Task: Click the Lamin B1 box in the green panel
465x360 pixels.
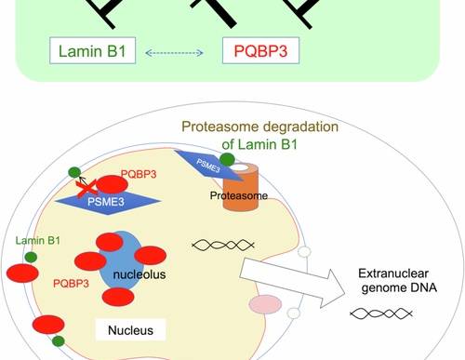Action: click(92, 50)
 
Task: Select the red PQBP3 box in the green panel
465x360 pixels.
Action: click(260, 50)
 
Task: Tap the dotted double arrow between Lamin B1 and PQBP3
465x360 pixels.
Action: click(174, 53)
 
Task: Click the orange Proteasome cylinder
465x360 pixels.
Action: click(241, 187)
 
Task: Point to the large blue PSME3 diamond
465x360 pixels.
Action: click(108, 202)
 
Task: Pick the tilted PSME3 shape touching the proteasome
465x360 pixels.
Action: click(208, 166)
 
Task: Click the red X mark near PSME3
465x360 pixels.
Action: click(86, 189)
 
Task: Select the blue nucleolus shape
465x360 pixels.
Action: click(122, 260)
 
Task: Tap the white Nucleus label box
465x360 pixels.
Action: click(130, 330)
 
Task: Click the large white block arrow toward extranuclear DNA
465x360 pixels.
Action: click(292, 283)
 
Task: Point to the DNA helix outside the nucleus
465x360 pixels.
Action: click(381, 313)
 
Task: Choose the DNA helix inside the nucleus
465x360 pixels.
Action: click(223, 246)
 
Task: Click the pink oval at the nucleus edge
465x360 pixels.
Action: click(265, 304)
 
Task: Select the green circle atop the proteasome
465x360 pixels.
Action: click(227, 159)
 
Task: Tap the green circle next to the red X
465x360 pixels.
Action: click(74, 172)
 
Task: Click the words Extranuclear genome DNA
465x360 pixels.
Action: click(398, 280)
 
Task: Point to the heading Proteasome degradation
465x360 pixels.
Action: click(259, 127)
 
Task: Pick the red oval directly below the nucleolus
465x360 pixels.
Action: click(118, 297)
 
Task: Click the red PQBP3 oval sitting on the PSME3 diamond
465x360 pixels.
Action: click(112, 184)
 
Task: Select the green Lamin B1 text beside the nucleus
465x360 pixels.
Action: click(38, 241)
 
